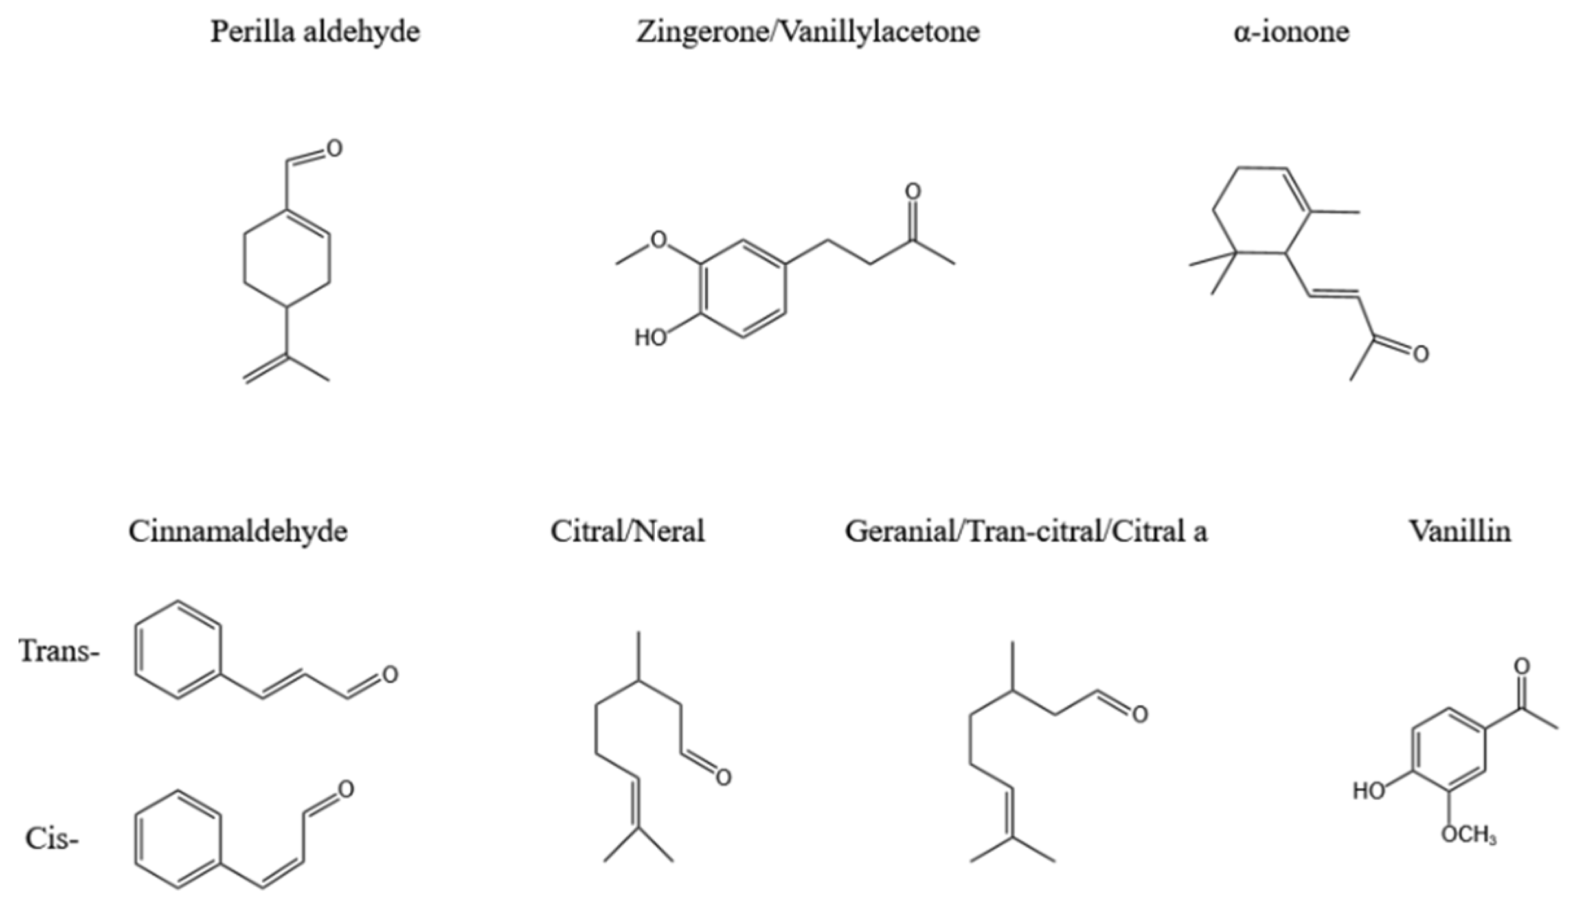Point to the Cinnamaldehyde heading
tap(238, 532)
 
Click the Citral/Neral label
tap(628, 532)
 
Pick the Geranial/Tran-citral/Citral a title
tap(1026, 532)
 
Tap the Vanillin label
tap(1460, 532)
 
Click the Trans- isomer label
tap(59, 651)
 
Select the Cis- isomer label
tap(52, 839)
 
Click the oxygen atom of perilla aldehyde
tap(334, 148)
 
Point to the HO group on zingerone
tap(650, 337)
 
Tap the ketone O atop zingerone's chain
tap(913, 191)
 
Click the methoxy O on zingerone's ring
tap(659, 240)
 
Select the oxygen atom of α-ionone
tap(1421, 354)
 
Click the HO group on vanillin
tap(1368, 791)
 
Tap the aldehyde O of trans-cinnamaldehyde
tap(390, 675)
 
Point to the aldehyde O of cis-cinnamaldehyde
tap(346, 789)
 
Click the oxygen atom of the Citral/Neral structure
tap(723, 777)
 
